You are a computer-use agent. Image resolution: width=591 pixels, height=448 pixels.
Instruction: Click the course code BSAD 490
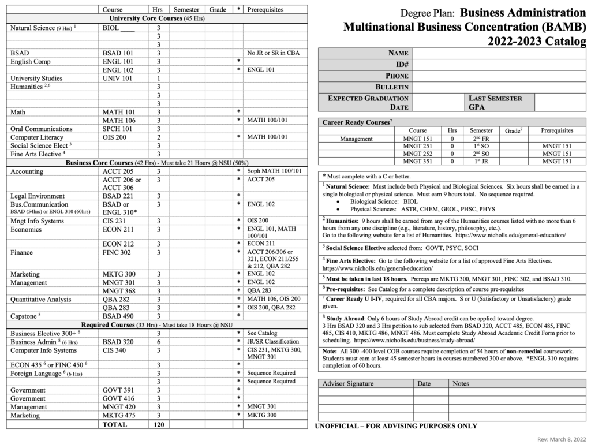tap(118, 316)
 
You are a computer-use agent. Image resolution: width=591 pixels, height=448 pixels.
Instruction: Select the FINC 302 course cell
tap(117, 252)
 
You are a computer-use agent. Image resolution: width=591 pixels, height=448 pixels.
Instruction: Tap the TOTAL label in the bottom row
tap(114, 424)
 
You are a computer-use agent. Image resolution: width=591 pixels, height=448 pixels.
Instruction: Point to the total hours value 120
tap(158, 424)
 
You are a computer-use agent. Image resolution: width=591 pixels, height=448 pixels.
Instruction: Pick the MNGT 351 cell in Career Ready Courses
tap(417, 162)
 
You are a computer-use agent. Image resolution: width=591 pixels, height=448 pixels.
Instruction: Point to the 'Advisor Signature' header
tap(348, 383)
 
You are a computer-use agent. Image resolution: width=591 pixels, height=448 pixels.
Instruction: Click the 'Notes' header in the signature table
tap(461, 383)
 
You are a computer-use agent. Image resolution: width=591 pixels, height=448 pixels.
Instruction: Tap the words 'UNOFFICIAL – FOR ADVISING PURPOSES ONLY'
tap(396, 427)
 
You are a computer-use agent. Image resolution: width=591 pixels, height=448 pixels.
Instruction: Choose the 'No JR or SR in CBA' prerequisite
tap(274, 53)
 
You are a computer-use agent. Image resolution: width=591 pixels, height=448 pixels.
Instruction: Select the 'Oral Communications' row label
tap(42, 129)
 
